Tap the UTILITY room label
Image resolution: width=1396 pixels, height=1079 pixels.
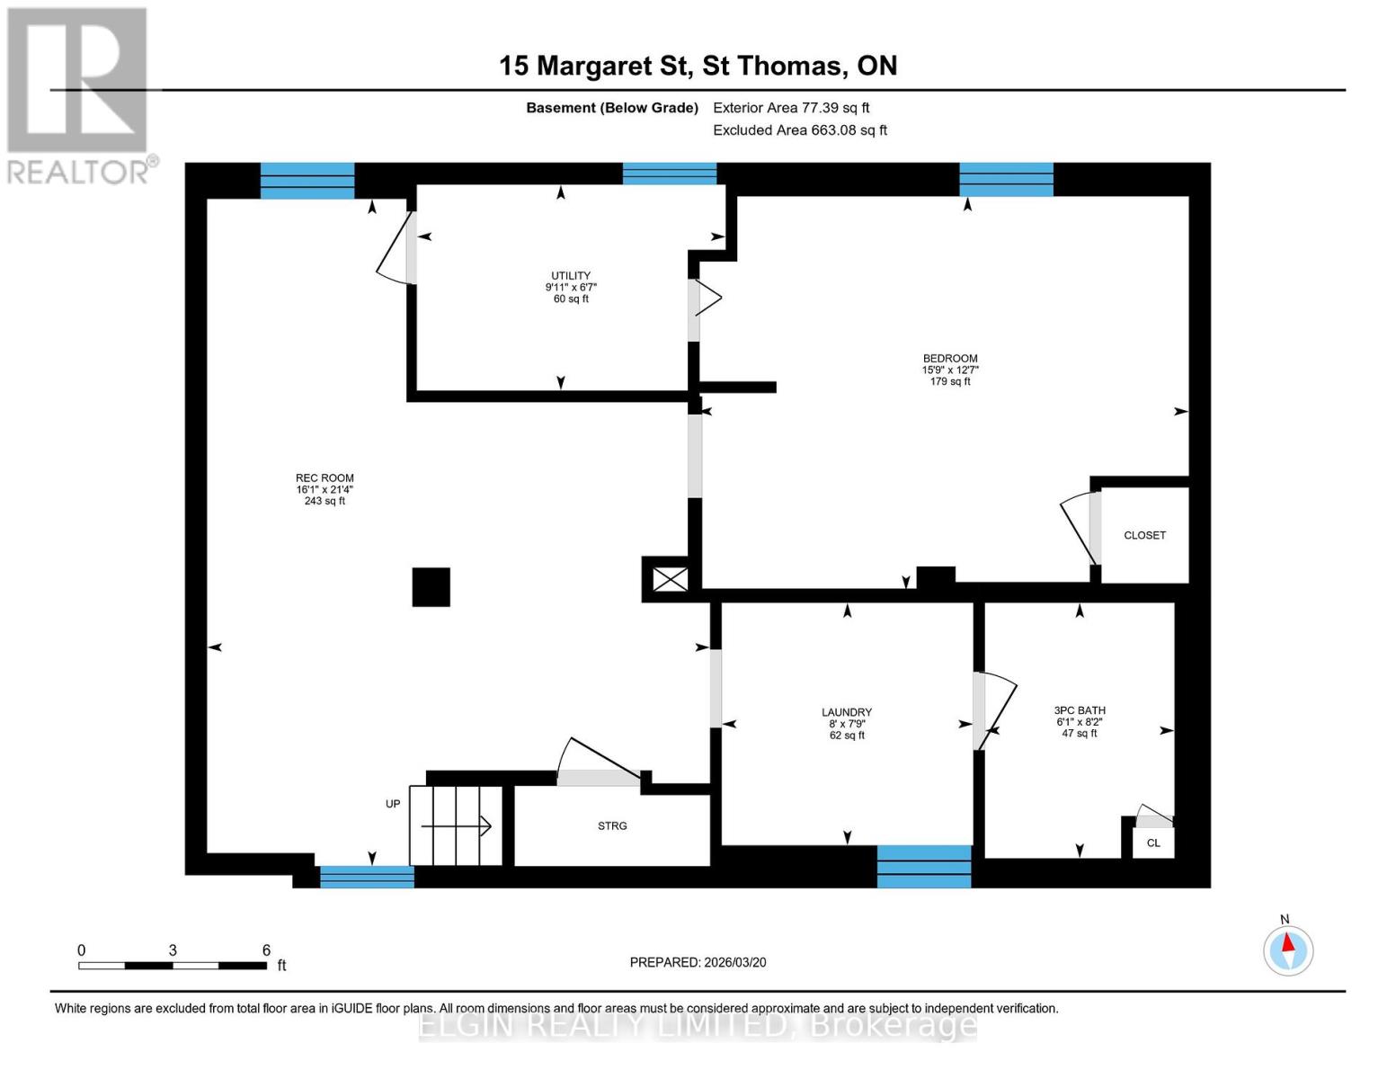[x=571, y=276]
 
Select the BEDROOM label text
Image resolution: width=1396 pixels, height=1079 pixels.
[x=950, y=359]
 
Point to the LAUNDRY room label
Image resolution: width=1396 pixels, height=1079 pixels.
[x=847, y=712]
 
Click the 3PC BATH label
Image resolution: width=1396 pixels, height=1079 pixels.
[x=1080, y=710]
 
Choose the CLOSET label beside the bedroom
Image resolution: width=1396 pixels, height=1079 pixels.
[x=1144, y=535]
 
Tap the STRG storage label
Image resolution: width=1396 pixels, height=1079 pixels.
[x=612, y=825]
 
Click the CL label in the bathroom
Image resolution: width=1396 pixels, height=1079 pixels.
[x=1153, y=843]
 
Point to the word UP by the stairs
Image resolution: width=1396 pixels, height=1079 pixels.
[x=393, y=804]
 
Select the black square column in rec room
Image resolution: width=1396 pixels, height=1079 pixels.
[x=431, y=587]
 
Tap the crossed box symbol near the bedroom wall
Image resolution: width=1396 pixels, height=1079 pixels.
[x=670, y=579]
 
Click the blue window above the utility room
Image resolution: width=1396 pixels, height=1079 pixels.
[x=670, y=174]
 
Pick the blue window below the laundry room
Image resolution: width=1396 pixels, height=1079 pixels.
[x=924, y=867]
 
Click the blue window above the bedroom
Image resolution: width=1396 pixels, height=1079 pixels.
[x=1006, y=179]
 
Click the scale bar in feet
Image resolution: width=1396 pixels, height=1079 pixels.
[x=173, y=966]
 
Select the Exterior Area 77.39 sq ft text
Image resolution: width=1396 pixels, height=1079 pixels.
[x=791, y=108]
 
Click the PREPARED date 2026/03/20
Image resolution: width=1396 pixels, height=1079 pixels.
[x=698, y=962]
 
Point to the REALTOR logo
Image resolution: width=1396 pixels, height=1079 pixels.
[x=78, y=94]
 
